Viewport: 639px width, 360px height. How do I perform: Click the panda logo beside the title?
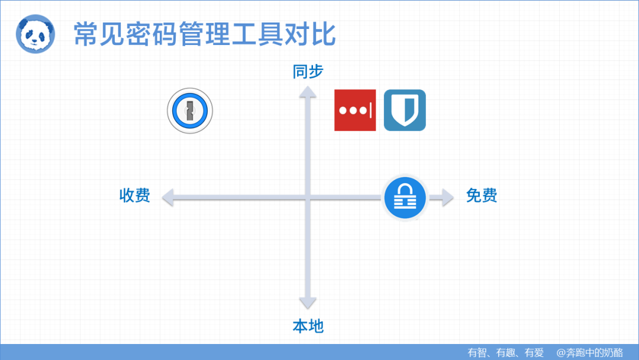(34, 34)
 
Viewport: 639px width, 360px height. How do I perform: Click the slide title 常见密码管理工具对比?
(204, 34)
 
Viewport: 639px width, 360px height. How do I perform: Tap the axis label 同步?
(308, 72)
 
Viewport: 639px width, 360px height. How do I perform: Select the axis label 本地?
(308, 326)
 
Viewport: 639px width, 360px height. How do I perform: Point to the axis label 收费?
(135, 195)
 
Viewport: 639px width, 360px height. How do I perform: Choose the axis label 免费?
(481, 195)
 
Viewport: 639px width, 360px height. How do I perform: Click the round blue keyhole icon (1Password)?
(189, 111)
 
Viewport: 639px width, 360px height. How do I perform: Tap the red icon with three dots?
(355, 110)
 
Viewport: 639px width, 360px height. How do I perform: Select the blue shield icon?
(405, 110)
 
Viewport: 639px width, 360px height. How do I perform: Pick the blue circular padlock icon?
(405, 198)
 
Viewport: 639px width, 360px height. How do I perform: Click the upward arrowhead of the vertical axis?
(307, 91)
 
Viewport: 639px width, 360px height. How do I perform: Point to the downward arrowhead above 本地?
(307, 303)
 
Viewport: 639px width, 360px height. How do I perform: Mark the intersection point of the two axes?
(307, 197)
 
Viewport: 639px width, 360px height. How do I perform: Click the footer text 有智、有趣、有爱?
(505, 352)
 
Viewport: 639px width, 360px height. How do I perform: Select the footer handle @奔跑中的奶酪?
(589, 352)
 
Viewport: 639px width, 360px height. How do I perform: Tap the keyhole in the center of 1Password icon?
(189, 110)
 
